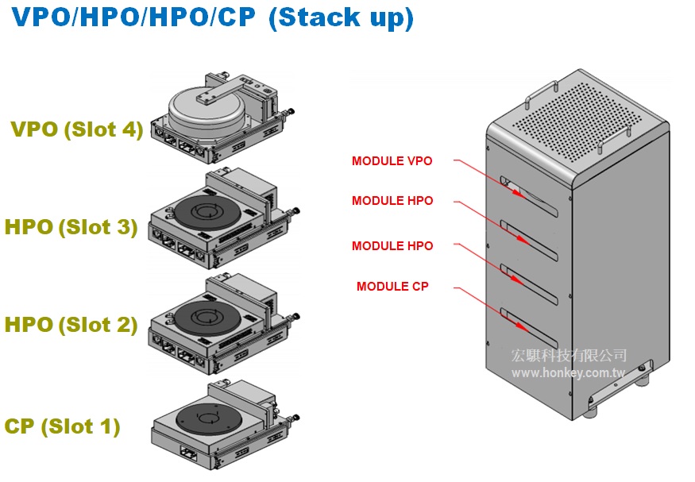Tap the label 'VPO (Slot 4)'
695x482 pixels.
(x=77, y=129)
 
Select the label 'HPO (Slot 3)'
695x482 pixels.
(x=71, y=227)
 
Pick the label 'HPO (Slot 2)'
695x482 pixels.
(x=71, y=324)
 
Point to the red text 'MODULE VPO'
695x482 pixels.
(x=392, y=161)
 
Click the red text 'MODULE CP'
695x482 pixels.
(x=392, y=286)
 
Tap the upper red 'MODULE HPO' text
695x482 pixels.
(x=392, y=201)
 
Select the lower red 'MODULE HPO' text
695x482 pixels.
(x=392, y=246)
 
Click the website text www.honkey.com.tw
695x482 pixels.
(x=568, y=372)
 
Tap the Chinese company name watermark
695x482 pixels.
(x=569, y=356)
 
